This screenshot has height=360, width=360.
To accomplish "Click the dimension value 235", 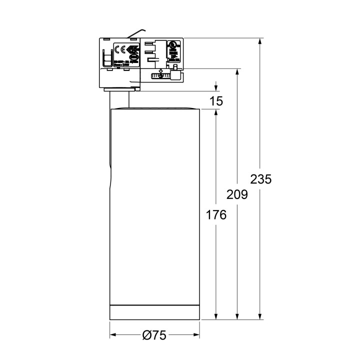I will (x=260, y=179).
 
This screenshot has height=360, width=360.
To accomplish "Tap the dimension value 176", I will (x=216, y=215).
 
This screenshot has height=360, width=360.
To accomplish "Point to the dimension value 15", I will (x=216, y=100).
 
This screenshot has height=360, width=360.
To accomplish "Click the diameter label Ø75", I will (x=154, y=335).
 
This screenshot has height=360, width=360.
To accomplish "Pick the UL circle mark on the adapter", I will (x=174, y=44).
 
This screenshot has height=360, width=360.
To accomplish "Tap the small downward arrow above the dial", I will (x=160, y=70).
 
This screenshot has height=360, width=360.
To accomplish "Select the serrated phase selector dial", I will (x=160, y=76).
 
